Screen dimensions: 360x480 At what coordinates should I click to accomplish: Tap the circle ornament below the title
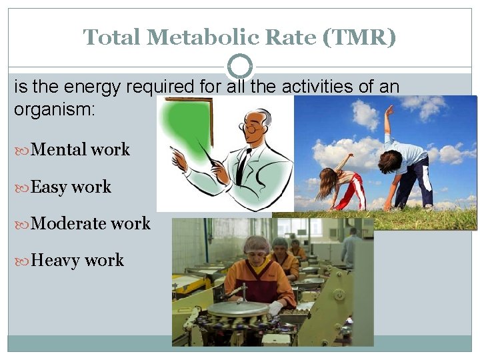click(x=240, y=67)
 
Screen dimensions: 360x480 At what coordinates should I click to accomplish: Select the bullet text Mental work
click(x=80, y=149)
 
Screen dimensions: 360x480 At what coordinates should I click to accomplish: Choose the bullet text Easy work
click(x=71, y=187)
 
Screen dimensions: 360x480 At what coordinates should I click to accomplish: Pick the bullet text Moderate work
click(x=91, y=223)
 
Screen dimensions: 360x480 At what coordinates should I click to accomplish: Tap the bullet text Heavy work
click(x=77, y=260)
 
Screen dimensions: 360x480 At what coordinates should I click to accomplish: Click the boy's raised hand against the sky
click(x=389, y=110)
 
